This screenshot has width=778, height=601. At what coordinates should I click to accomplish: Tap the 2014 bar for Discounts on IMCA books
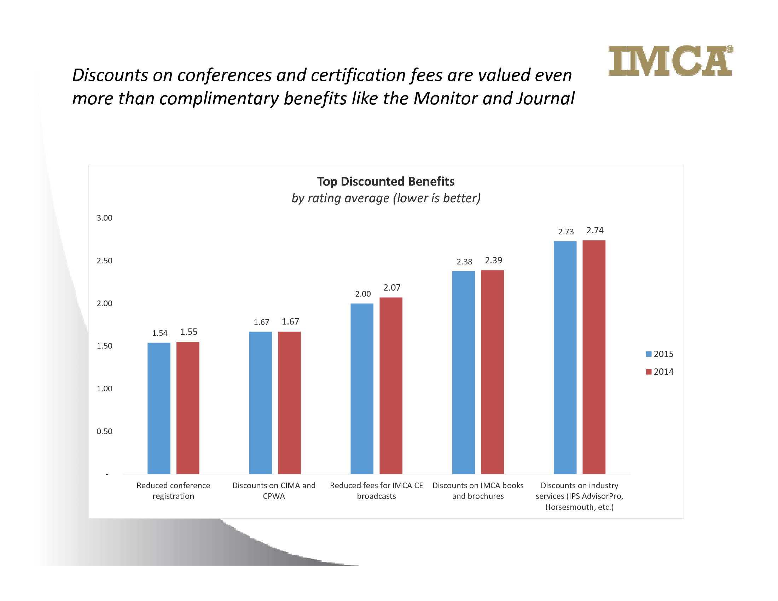[x=492, y=372]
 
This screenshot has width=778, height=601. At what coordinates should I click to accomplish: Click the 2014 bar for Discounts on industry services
[x=594, y=357]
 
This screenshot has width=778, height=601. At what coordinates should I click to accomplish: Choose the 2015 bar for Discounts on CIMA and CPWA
[x=260, y=402]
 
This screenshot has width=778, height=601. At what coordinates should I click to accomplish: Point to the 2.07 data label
[x=392, y=287]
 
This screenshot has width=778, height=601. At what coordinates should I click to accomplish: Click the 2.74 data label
[x=595, y=231]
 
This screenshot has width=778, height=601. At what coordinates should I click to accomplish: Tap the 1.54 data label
[x=159, y=333]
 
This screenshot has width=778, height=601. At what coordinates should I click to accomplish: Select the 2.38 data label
[x=465, y=262]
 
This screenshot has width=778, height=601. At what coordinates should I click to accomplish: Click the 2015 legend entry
[x=660, y=354]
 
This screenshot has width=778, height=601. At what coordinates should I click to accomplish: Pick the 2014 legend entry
[x=660, y=372]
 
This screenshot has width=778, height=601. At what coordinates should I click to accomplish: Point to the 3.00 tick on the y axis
[x=104, y=218]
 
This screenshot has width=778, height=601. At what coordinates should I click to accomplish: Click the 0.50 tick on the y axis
[x=104, y=431]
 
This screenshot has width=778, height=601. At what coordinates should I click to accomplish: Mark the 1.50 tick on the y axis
[x=104, y=346]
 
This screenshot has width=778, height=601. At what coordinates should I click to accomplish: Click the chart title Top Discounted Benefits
[x=386, y=181]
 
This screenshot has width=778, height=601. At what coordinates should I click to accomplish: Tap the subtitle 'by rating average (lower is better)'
[x=386, y=198]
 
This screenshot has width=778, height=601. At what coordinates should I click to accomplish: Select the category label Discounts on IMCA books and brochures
[x=478, y=491]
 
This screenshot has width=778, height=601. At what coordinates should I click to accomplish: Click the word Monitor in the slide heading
[x=445, y=98]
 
